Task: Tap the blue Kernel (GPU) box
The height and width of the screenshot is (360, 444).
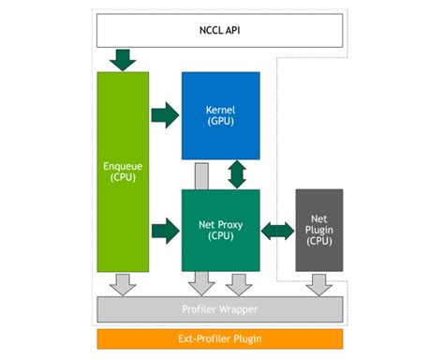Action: coord(220,114)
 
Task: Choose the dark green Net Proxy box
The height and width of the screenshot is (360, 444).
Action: coord(220,230)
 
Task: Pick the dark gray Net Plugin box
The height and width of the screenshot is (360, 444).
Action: coord(318,230)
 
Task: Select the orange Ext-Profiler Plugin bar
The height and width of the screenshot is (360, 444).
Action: coord(220,338)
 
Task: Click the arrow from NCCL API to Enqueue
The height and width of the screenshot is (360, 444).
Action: coord(123,60)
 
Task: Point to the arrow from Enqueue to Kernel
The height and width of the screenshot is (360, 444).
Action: coord(165,115)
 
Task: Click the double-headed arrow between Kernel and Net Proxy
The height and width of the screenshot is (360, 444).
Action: coord(237,173)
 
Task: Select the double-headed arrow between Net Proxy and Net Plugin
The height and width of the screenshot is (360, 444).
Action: coord(277,230)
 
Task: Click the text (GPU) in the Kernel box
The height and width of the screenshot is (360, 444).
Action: coord(220,121)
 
